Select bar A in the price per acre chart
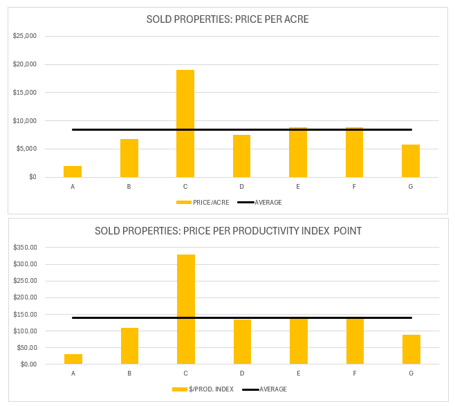pos(73,172)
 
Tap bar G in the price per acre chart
pos(411,160)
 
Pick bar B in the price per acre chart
pos(129,158)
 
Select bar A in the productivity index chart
pos(73,359)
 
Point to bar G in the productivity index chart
pos(411,349)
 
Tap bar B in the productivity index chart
pos(129,346)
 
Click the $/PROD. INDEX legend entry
pos(203,389)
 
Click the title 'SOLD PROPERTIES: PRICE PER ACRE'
pos(228,19)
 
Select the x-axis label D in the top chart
pos(241,187)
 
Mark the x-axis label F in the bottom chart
pos(355,373)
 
